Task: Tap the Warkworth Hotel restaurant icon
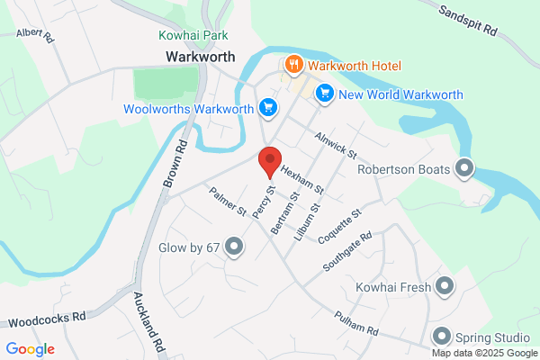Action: (293, 65)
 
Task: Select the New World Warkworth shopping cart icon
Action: (325, 94)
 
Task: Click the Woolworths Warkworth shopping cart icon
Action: (266, 109)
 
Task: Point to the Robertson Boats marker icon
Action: (464, 167)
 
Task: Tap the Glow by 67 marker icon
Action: (234, 246)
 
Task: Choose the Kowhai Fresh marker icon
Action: (445, 287)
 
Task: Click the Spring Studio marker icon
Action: (441, 337)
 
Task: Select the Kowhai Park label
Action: (193, 35)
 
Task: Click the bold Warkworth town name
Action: (200, 56)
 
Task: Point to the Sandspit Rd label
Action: (469, 20)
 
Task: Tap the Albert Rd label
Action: (35, 33)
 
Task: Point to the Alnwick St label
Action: (336, 143)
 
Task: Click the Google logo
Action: (31, 349)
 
